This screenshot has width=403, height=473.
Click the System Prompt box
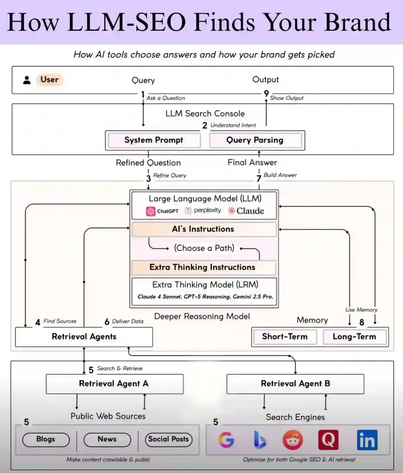tap(154, 140)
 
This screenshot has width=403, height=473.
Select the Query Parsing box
tap(255, 140)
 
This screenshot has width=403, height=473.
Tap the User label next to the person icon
tap(49, 80)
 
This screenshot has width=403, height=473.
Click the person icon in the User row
tap(27, 80)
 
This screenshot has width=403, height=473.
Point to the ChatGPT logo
tap(151, 211)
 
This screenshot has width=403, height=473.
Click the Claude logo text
tap(250, 211)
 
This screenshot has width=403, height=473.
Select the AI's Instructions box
tap(203, 229)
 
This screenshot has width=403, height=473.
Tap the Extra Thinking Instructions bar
tap(202, 267)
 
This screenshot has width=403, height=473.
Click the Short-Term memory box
tap(285, 337)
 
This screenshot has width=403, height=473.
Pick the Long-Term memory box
tap(354, 337)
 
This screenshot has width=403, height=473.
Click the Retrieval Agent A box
tap(114, 384)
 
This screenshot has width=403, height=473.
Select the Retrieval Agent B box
tap(295, 384)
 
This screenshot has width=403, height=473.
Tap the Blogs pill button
tap(46, 439)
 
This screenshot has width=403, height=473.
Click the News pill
tap(107, 439)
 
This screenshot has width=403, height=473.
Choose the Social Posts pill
tap(168, 439)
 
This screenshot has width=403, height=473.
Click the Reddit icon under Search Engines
tap(293, 440)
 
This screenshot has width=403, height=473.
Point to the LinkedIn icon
tap(367, 440)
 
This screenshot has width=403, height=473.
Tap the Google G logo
tap(226, 440)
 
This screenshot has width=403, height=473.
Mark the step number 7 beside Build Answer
tap(259, 179)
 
